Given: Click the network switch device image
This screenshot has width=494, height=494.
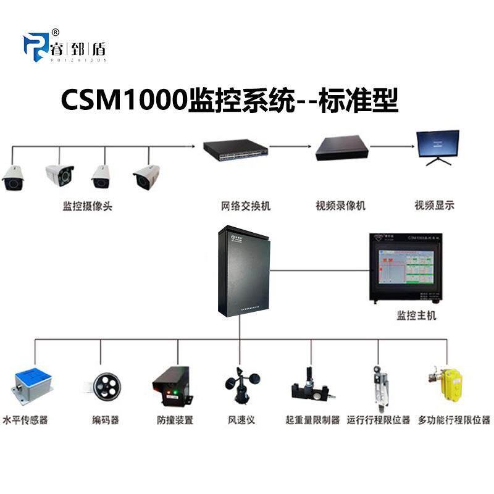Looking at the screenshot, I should tap(236, 148).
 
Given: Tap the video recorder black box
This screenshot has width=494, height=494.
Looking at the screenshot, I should tap(341, 149).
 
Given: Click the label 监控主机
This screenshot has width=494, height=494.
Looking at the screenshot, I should tap(416, 316).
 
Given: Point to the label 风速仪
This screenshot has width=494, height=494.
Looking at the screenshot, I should tap(241, 421).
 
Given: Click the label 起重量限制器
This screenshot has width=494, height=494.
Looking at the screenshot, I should tap(312, 421).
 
